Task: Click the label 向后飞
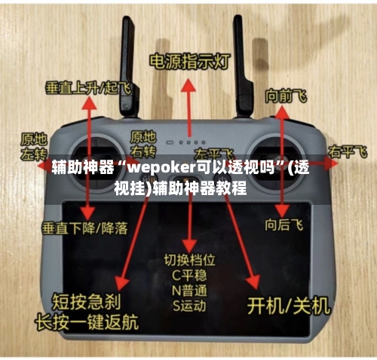pos(284,224)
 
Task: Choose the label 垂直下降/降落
pos(84,226)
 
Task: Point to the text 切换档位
pos(190,259)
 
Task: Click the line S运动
pos(190,305)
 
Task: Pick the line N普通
pos(190,290)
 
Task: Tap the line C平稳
pos(190,274)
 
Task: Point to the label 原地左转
pos(33,146)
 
